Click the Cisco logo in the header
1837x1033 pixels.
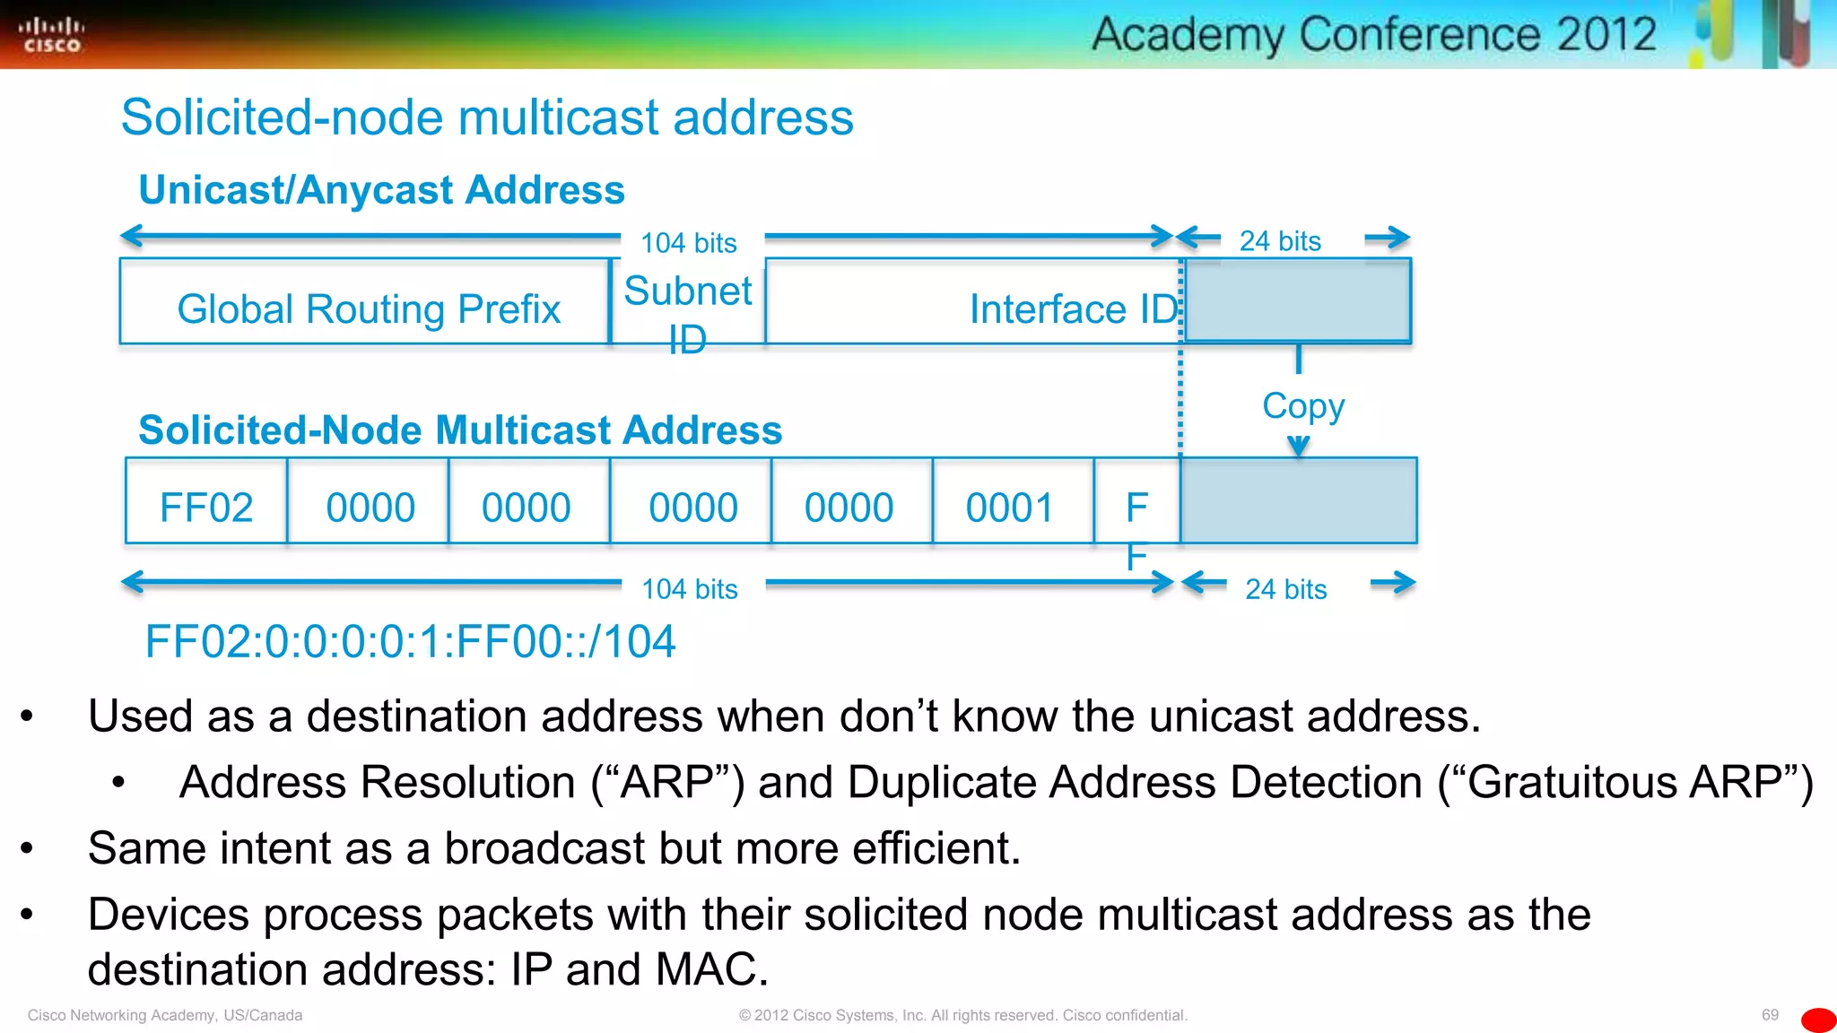pyautogui.click(x=51, y=35)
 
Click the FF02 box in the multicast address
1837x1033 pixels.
pyautogui.click(x=206, y=507)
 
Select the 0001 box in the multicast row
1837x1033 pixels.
pyautogui.click(x=1010, y=507)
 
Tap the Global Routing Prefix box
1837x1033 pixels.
pyautogui.click(x=368, y=308)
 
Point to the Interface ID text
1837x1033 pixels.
pyautogui.click(x=1073, y=308)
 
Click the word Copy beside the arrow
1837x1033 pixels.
pyautogui.click(x=1302, y=405)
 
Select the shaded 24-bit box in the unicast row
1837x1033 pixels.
pyautogui.click(x=1297, y=300)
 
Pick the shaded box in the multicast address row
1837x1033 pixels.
pyautogui.click(x=1299, y=500)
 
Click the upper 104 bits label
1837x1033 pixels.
pyautogui.click(x=689, y=242)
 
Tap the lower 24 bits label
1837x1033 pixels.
pyautogui.click(x=1285, y=588)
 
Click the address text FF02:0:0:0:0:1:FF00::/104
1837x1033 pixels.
pyautogui.click(x=410, y=641)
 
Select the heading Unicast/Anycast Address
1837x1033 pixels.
pyautogui.click(x=381, y=190)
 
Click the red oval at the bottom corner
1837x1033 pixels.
pyautogui.click(x=1818, y=1020)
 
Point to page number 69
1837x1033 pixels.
pyautogui.click(x=1769, y=1014)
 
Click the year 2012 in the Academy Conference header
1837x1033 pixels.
pyautogui.click(x=1606, y=34)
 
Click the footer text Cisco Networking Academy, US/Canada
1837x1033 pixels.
pyautogui.click(x=165, y=1015)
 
